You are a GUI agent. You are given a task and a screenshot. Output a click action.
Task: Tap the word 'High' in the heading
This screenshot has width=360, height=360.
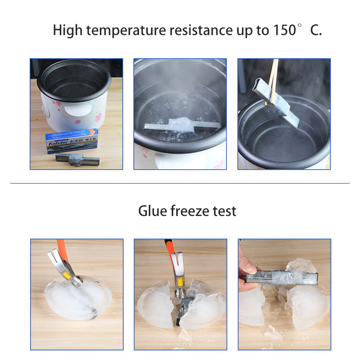tap(67, 31)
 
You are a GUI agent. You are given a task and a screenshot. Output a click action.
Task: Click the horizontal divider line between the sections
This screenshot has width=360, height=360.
tap(180, 183)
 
